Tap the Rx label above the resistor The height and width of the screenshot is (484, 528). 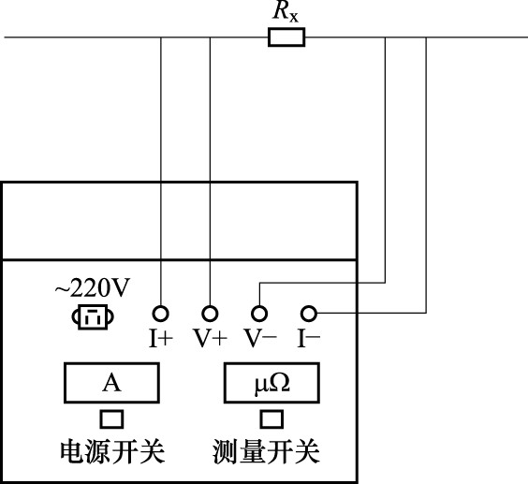coord(286,12)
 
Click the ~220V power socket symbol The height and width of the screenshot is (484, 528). coord(93,316)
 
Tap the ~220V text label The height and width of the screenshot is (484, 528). coord(93,288)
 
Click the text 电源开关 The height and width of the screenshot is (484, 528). coord(112,451)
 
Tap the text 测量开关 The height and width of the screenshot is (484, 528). coord(266,451)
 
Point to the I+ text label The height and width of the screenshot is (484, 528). coord(161,339)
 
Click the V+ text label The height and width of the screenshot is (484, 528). coord(210,338)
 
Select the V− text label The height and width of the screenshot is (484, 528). coord(260,338)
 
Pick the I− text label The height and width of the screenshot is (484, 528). coord(309,338)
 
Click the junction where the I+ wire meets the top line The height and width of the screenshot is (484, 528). coord(161,37)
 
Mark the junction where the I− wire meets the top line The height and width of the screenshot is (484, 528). coord(426,37)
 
